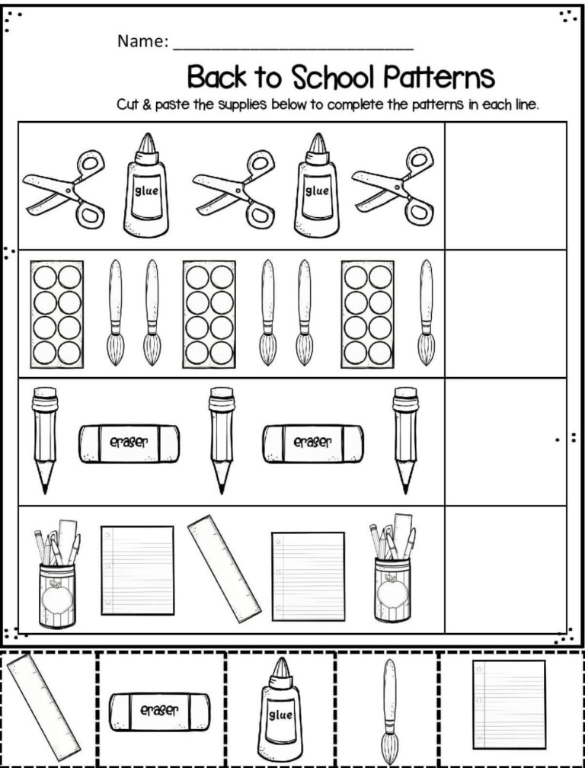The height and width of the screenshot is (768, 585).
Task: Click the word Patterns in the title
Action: [438, 78]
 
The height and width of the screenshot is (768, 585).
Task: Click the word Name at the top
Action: [142, 42]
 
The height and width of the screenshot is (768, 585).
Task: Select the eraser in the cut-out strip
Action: [160, 710]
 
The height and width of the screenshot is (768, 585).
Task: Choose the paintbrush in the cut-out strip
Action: [389, 708]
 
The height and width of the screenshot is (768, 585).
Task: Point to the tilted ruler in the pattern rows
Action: [224, 568]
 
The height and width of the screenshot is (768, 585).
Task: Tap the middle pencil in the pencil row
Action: [222, 440]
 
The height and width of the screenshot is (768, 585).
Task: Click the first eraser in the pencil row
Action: [129, 443]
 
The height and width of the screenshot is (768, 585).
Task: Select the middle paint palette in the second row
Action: [209, 312]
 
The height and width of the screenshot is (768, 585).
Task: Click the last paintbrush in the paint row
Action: [426, 312]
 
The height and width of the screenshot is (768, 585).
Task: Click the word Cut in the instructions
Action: [127, 105]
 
